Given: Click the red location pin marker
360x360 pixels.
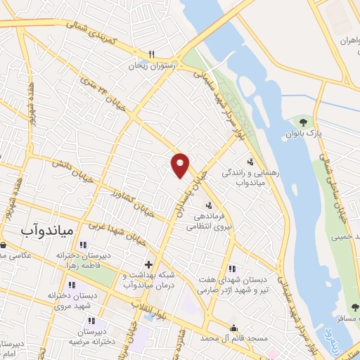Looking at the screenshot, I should click(181, 165).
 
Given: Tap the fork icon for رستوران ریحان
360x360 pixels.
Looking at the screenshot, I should click(151, 53).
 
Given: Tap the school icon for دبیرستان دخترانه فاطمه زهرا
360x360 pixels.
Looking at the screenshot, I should click(83, 245).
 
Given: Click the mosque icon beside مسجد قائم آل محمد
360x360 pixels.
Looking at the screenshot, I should click(233, 328).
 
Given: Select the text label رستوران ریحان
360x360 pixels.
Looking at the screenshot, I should click(150, 65).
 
